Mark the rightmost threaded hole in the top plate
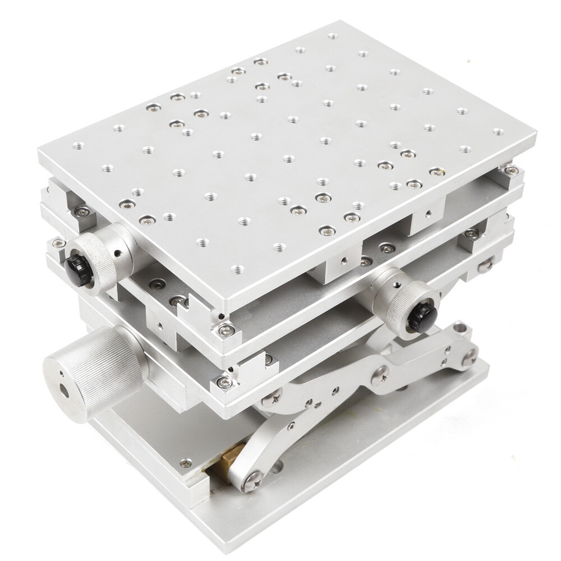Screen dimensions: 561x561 point(497,132)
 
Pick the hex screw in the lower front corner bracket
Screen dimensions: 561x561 point(226,383)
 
